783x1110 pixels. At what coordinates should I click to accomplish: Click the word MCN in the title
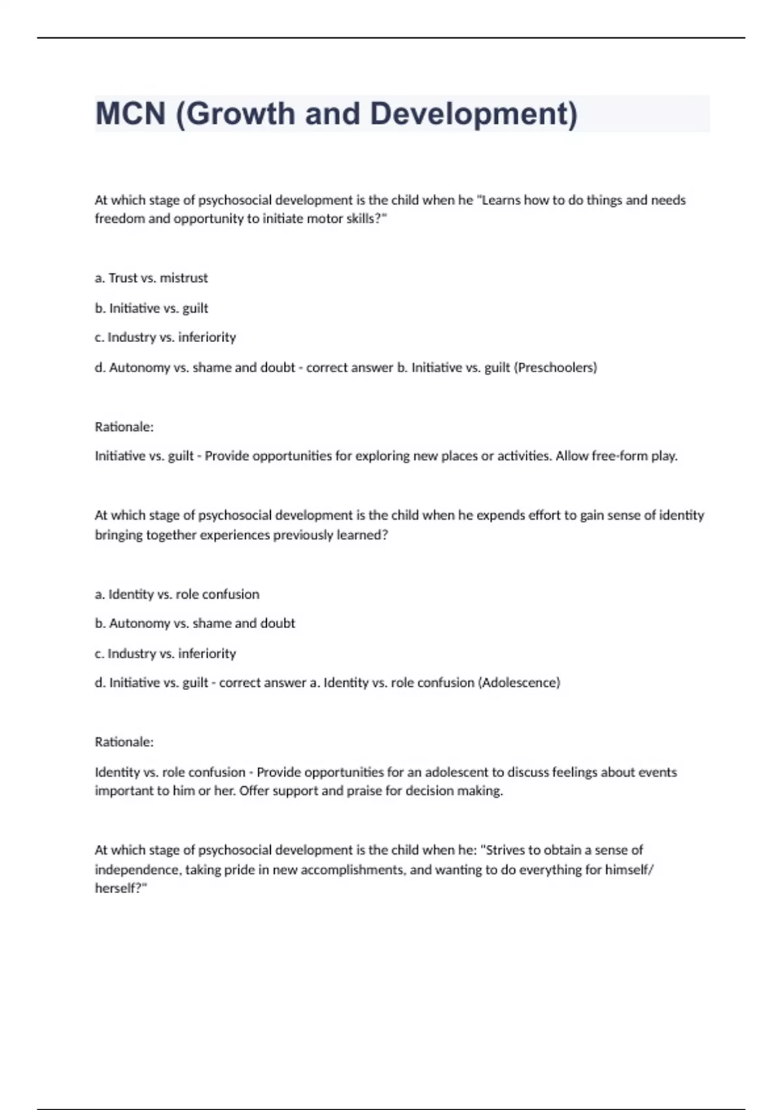(x=130, y=114)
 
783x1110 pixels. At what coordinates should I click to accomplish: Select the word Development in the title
(x=473, y=114)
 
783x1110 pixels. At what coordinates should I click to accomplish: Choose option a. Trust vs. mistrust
(x=151, y=278)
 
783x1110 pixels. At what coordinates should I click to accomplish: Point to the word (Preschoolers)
(x=555, y=368)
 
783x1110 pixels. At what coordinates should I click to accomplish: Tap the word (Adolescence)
(x=519, y=683)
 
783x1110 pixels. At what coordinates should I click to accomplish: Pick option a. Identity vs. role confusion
(x=177, y=594)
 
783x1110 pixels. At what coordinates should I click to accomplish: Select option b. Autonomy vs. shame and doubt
(x=195, y=624)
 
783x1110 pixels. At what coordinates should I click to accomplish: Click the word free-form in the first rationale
(x=619, y=456)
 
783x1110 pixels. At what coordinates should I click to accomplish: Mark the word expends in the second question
(x=499, y=515)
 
